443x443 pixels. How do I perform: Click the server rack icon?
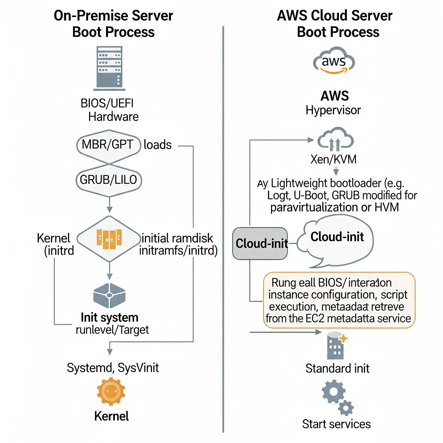click(109, 68)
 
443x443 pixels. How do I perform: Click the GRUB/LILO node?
click(109, 180)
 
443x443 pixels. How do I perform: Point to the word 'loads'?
click(158, 145)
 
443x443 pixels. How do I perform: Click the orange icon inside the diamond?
click(109, 239)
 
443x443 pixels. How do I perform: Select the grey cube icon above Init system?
click(109, 295)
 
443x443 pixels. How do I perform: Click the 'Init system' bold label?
click(110, 317)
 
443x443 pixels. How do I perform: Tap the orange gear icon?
click(111, 391)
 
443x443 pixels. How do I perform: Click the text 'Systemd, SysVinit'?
click(113, 368)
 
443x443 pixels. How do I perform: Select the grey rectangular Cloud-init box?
click(260, 243)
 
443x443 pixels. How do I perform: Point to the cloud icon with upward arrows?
click(335, 140)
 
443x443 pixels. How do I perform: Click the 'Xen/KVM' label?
click(333, 160)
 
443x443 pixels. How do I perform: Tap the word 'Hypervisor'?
click(333, 110)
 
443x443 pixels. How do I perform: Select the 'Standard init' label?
click(337, 369)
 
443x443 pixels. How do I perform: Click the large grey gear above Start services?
click(333, 391)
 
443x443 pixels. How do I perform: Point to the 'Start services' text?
click(336, 424)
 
